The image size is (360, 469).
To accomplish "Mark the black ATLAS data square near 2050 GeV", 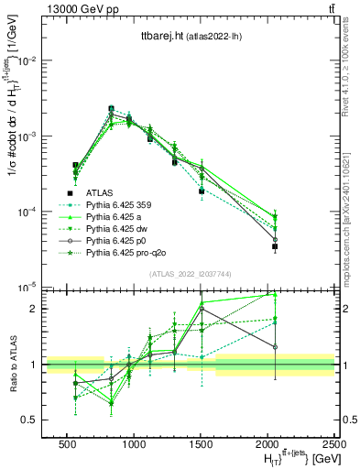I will point(275,246).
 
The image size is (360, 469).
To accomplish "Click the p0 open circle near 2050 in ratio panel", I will point(275,346).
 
